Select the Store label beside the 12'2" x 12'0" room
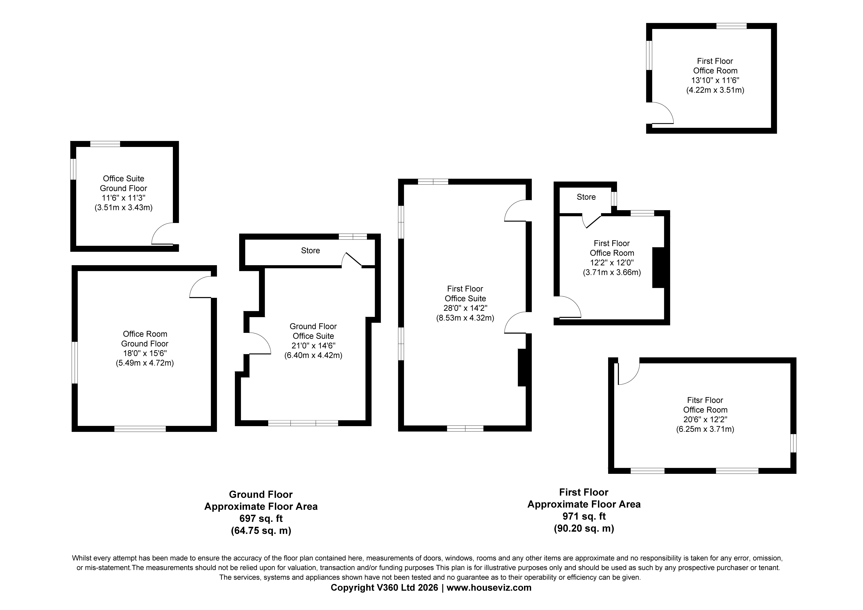coord(586,197)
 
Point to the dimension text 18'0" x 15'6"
coord(145,353)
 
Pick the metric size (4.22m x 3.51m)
coord(715,90)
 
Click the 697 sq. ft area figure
coord(261,519)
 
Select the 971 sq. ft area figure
coord(584,516)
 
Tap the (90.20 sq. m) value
coord(584,528)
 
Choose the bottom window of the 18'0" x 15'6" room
coord(140,429)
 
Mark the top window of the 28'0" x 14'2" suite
coord(433,182)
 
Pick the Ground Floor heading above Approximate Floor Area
coord(261,494)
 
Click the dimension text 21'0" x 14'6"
coord(313,346)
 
